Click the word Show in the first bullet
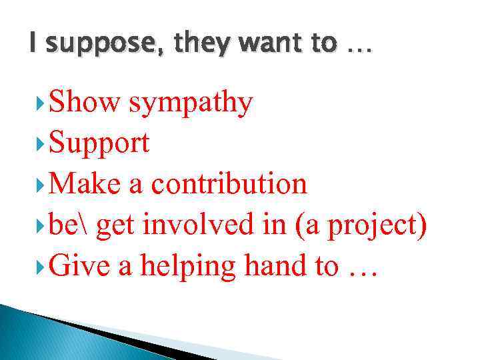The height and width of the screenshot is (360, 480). (85, 103)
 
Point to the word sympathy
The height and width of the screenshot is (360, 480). (191, 104)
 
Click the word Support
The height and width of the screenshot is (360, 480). (99, 144)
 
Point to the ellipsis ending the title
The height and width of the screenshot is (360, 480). (360, 49)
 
